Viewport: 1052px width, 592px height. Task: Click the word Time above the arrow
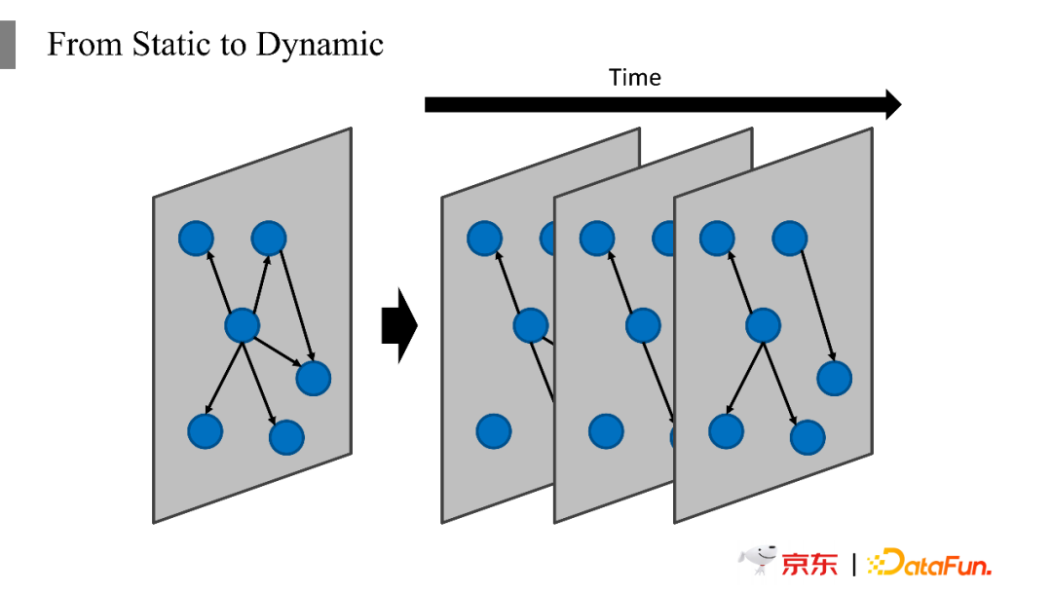(634, 78)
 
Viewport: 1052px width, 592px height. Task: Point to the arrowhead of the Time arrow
(892, 104)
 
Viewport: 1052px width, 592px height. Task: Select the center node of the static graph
(242, 326)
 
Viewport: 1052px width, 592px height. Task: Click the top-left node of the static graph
(196, 238)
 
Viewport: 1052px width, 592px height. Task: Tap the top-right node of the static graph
(269, 238)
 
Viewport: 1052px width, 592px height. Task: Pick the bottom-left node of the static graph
(205, 431)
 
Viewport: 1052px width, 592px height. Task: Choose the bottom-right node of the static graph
(286, 438)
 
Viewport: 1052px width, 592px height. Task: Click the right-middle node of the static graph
(313, 378)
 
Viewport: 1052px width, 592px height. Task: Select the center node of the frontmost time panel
(763, 326)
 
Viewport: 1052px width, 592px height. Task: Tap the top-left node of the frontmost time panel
(717, 238)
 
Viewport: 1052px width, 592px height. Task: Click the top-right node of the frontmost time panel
(790, 238)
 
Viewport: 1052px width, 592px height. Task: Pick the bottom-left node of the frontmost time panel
(727, 431)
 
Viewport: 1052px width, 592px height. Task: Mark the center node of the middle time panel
(643, 326)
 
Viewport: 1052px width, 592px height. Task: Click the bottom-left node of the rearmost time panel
(494, 431)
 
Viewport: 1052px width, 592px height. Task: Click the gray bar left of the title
(8, 44)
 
